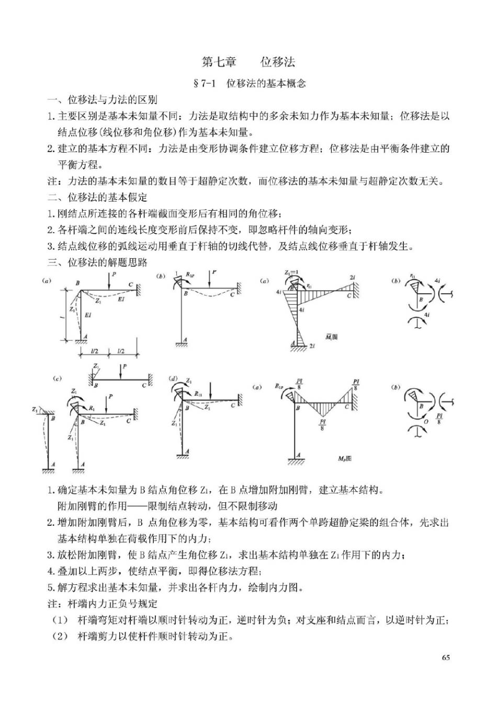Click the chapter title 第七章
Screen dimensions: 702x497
point(219,62)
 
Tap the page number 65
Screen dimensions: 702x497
point(446,657)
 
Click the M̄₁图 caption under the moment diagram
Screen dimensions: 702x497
point(332,337)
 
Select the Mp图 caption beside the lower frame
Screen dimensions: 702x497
point(344,458)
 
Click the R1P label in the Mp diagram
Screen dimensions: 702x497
point(279,387)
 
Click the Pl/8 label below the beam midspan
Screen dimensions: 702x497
point(322,425)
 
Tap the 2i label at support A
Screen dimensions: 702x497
point(312,346)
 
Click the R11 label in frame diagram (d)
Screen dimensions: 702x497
point(198,394)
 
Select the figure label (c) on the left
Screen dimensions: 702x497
point(57,378)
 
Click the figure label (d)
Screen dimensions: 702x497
point(173,378)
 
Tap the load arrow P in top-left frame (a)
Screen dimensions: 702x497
point(114,274)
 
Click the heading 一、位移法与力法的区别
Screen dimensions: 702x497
point(103,100)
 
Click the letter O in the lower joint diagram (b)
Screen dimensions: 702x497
point(426,421)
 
